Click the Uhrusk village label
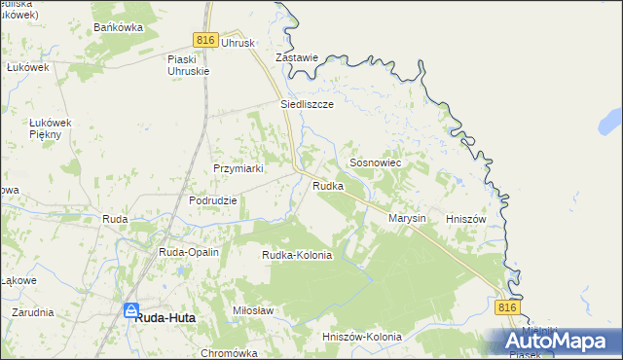tap(238, 43)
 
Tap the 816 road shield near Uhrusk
tap(204, 39)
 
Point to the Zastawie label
tap(297, 57)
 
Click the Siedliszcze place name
tap(308, 103)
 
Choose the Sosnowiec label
tap(375, 165)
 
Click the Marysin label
tap(408, 219)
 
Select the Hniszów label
tap(465, 219)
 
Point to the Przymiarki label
tap(239, 167)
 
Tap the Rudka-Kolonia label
tap(297, 255)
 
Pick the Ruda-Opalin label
tap(189, 252)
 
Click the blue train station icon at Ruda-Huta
tap(130, 310)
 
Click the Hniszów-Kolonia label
tap(361, 337)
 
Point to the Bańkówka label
tap(119, 27)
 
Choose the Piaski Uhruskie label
tap(189, 66)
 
